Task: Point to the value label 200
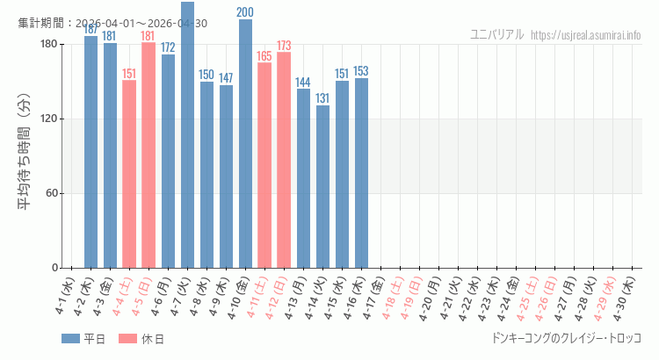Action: tap(245, 12)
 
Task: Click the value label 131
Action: tap(322, 98)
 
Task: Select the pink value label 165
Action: tap(264, 56)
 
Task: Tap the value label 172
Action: tap(168, 47)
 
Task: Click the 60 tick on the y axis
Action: tap(50, 193)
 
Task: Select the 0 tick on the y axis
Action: tap(54, 268)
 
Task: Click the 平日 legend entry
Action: tap(83, 339)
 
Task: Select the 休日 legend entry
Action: tap(141, 339)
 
